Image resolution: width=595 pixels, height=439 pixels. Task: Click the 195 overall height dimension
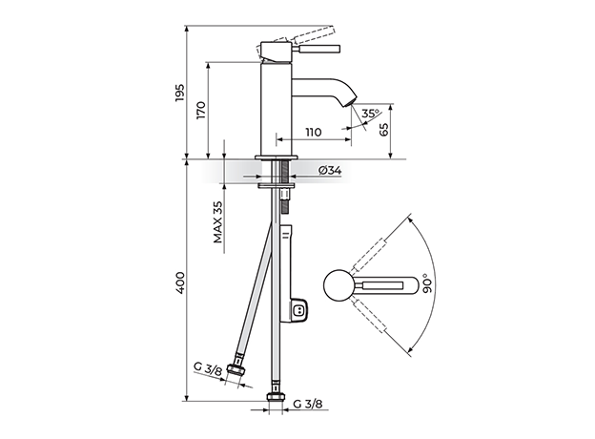pyautogui.click(x=180, y=93)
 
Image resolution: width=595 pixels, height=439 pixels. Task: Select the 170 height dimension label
pyautogui.click(x=201, y=110)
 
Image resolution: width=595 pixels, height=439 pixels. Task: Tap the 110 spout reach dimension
pyautogui.click(x=313, y=132)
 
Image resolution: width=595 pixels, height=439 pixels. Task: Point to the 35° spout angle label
pyautogui.click(x=370, y=114)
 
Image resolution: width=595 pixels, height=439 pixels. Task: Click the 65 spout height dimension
pyautogui.click(x=384, y=130)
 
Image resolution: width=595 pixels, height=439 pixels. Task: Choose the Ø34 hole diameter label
pyautogui.click(x=329, y=171)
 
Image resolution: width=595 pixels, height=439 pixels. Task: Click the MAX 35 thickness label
pyautogui.click(x=217, y=221)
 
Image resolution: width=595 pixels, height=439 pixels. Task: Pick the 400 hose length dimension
pyautogui.click(x=180, y=282)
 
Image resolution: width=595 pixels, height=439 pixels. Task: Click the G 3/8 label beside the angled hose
pyautogui.click(x=208, y=368)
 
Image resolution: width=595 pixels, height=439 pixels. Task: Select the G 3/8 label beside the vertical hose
pyautogui.click(x=308, y=404)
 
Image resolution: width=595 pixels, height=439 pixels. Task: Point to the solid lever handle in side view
pyautogui.click(x=317, y=50)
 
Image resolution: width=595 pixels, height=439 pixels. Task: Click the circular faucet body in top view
pyautogui.click(x=339, y=285)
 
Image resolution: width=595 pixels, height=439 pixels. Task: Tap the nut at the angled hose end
pyautogui.click(x=236, y=369)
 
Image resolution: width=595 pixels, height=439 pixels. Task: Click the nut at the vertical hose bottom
pyautogui.click(x=276, y=396)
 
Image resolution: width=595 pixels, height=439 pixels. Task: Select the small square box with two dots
pyautogui.click(x=299, y=310)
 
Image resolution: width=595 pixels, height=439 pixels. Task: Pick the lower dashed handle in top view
pyautogui.click(x=369, y=315)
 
